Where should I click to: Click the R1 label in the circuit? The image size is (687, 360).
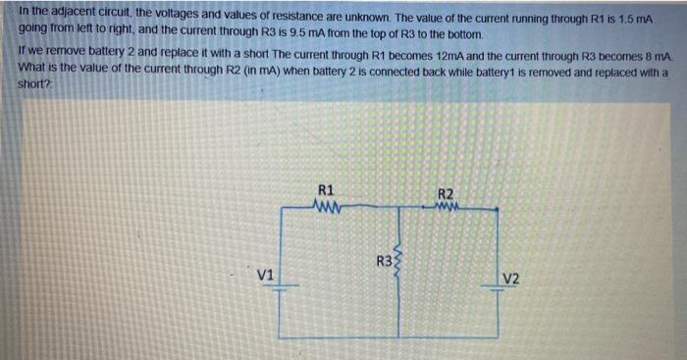point(327,188)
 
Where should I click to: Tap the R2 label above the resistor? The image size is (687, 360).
point(445,193)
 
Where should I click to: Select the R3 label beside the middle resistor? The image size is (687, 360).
point(385,261)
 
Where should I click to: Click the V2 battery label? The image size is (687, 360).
point(510,278)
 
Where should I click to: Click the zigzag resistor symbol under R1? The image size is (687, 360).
point(327,206)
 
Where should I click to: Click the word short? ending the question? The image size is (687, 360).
point(34,86)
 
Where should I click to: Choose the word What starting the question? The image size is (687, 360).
point(34,73)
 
